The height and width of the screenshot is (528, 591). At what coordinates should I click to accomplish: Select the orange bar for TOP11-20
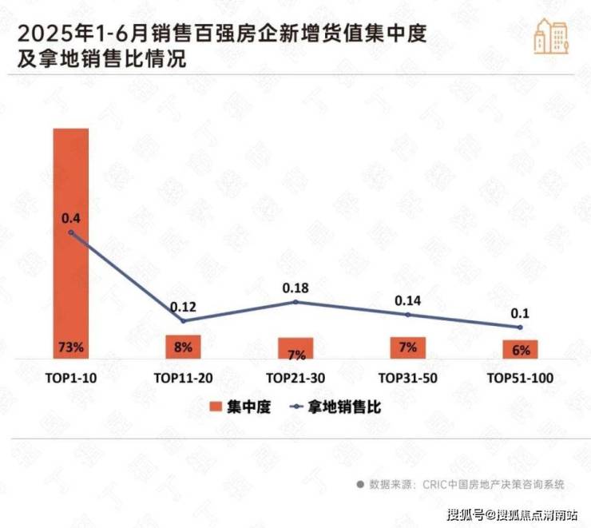(183, 347)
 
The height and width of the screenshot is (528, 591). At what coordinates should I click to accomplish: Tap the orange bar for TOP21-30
(295, 348)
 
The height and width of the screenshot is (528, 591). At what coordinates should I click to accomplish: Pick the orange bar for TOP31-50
(407, 347)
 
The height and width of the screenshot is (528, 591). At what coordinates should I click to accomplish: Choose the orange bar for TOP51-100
(520, 349)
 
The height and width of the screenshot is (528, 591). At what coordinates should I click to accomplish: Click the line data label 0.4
(71, 217)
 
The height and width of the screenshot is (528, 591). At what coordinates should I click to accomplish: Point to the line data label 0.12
(183, 306)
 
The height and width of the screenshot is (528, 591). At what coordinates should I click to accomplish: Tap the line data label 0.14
(407, 300)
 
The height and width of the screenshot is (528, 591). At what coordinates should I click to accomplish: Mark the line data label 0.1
(520, 312)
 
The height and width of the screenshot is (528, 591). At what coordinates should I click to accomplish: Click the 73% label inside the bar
(71, 348)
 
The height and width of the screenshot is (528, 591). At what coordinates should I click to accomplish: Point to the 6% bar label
(520, 350)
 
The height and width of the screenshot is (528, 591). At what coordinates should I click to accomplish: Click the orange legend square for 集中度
(215, 407)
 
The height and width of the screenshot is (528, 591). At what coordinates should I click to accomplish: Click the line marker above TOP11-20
(183, 321)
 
